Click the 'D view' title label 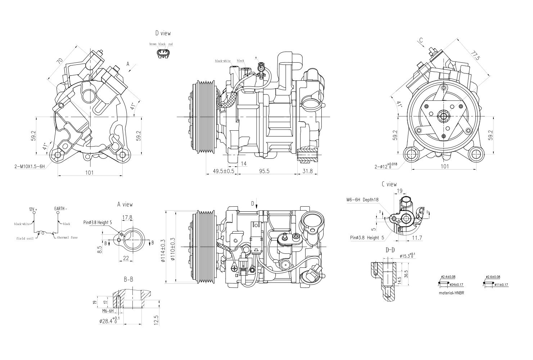click(x=163, y=33)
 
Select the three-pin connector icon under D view click(x=163, y=53)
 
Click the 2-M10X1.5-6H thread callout click(x=30, y=166)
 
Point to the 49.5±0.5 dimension click(x=223, y=171)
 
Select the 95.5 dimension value click(x=264, y=171)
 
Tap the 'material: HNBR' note click(x=451, y=293)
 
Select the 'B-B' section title click(x=128, y=279)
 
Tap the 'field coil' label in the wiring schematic click(x=25, y=238)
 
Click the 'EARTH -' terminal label click(x=61, y=208)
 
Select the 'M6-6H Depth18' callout click(x=362, y=199)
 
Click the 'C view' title click(x=389, y=184)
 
